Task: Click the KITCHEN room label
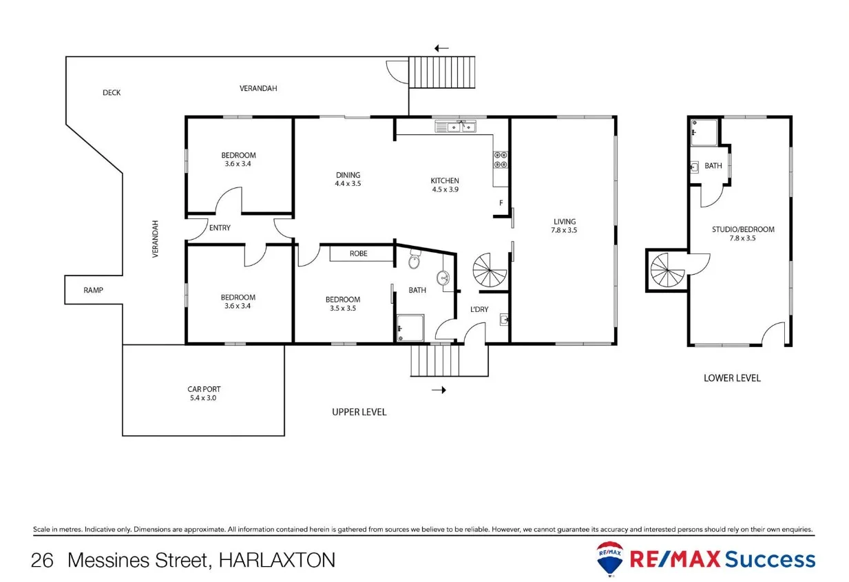[445, 181]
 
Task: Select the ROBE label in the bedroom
[358, 253]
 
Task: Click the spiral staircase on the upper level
[490, 271]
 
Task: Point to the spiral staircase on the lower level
[669, 270]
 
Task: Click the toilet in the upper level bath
[415, 262]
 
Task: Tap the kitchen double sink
[456, 126]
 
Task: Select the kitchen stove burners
[501, 160]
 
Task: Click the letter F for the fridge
[501, 202]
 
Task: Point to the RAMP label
[93, 291]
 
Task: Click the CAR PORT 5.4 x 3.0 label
[204, 393]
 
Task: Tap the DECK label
[112, 92]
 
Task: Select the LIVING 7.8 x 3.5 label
[564, 226]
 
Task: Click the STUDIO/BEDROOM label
[743, 229]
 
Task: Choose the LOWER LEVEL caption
[732, 378]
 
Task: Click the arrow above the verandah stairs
[441, 48]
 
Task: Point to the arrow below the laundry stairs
[439, 390]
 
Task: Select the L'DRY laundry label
[479, 309]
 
